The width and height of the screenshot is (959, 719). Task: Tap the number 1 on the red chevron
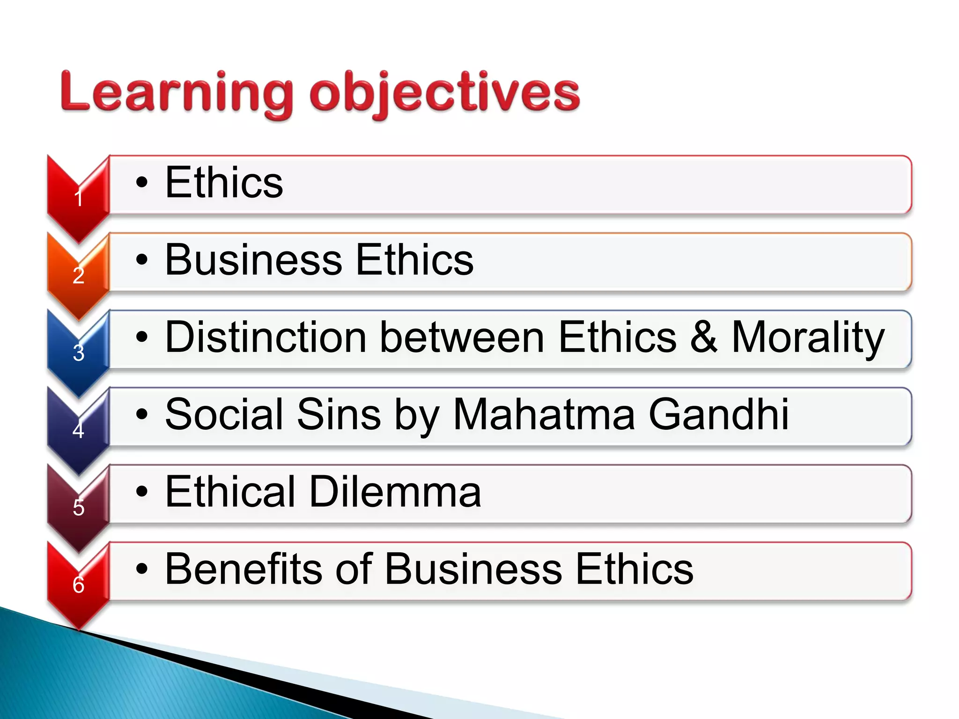79,198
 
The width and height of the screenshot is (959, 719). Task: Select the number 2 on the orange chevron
79,275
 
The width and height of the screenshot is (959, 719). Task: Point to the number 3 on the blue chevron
79,352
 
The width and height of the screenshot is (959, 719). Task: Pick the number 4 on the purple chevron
79,430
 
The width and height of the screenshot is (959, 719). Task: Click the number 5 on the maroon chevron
79,507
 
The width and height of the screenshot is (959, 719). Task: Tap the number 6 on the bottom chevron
79,585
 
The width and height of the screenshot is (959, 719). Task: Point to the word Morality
808,338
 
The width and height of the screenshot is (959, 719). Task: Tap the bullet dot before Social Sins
141,414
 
